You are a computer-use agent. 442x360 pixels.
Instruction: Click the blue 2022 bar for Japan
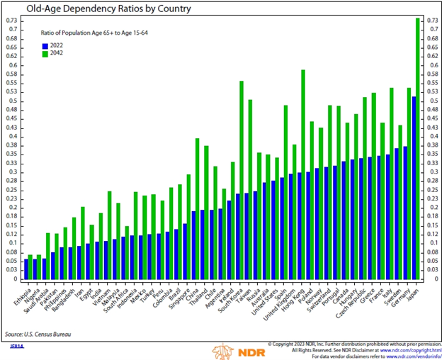click(414, 184)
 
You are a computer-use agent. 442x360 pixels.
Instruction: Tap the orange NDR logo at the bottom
click(233, 350)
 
